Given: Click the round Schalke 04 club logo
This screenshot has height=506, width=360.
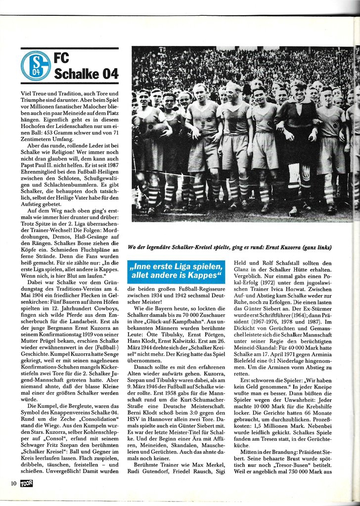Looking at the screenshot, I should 36,65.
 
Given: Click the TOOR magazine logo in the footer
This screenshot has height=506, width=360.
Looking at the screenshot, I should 27,482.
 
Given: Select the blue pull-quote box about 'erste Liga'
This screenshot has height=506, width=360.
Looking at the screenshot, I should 176,271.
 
